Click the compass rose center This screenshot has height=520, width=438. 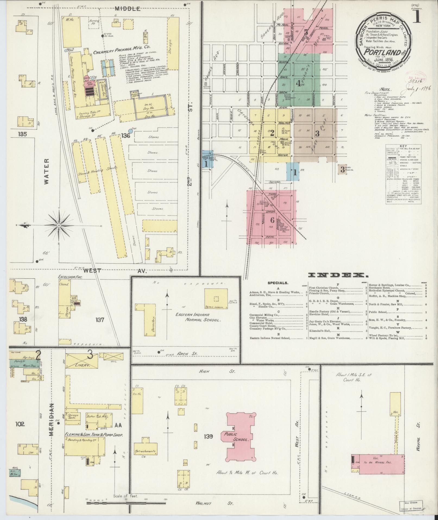59,226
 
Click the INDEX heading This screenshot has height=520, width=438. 336,275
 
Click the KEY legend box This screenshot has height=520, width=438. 403,174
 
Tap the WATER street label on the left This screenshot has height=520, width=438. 46,172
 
